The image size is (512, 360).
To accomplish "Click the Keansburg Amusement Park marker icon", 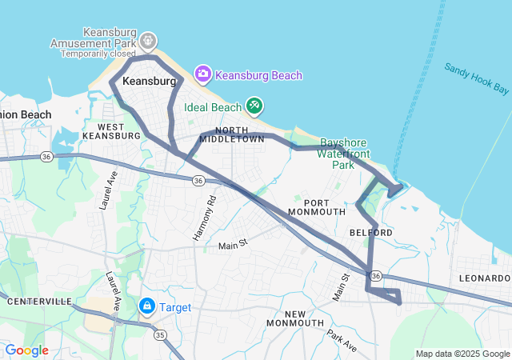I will (x=148, y=40).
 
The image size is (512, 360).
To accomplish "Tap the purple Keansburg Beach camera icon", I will (x=203, y=75).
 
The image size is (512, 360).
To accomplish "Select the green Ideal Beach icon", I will (x=254, y=106).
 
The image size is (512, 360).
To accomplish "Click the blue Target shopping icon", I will (x=147, y=306).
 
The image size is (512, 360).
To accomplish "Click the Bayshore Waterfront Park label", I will (x=342, y=152).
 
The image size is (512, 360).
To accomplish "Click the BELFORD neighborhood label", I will (x=371, y=232).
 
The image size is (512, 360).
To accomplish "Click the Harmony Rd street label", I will (x=206, y=219).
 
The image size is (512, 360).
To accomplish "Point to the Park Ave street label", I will (x=341, y=335).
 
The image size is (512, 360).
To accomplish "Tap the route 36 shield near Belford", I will (x=375, y=275).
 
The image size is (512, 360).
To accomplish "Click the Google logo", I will (x=26, y=350).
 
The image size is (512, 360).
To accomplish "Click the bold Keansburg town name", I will (x=149, y=82).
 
